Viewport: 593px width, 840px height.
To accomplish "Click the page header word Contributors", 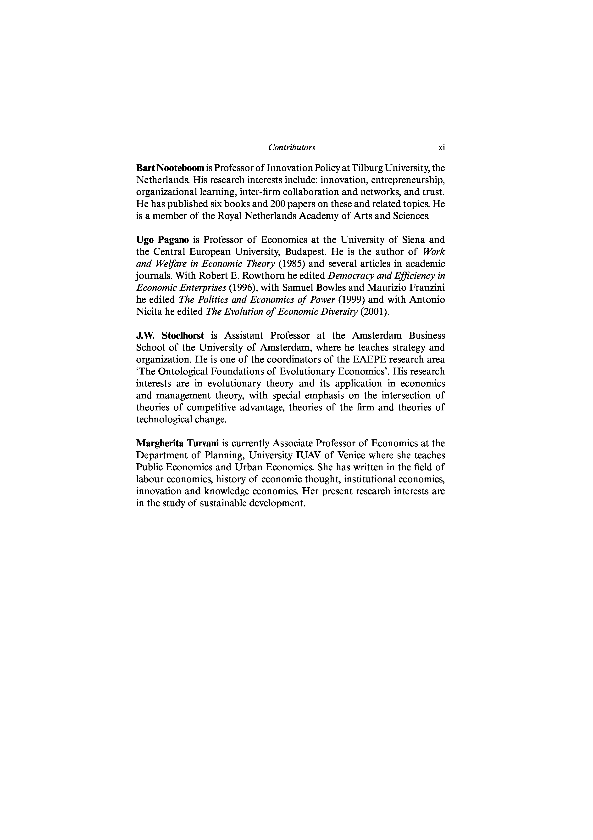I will coord(292,148).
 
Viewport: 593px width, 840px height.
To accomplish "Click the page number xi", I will coord(441,148).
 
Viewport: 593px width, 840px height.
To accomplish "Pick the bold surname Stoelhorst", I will coord(183,335).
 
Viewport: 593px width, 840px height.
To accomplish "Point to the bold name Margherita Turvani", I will coord(177,443).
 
